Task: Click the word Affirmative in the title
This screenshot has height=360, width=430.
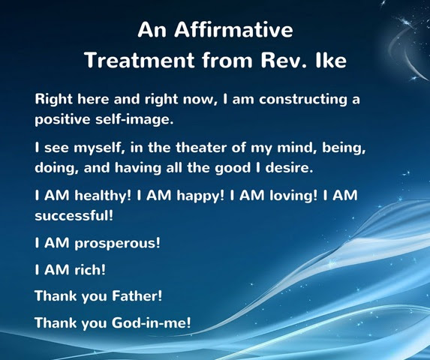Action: (x=233, y=29)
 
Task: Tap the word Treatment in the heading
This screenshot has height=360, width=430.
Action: (x=140, y=60)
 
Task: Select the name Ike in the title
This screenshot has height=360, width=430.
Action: (x=331, y=60)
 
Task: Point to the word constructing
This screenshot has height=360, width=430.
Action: (x=302, y=100)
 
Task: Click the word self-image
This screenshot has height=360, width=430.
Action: (x=134, y=119)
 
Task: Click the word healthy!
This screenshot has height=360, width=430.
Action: (x=103, y=196)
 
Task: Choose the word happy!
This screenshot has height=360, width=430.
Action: (x=200, y=196)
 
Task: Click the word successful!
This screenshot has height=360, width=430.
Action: (x=74, y=215)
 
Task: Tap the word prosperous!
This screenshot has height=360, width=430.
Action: (x=117, y=243)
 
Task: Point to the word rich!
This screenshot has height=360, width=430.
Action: (x=90, y=270)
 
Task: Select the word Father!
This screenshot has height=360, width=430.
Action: (x=137, y=296)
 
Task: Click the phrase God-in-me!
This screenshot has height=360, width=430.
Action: (x=151, y=322)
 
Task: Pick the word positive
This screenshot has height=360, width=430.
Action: (x=62, y=119)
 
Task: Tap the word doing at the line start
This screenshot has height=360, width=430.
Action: (x=57, y=168)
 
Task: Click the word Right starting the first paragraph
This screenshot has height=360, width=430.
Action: (x=54, y=100)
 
